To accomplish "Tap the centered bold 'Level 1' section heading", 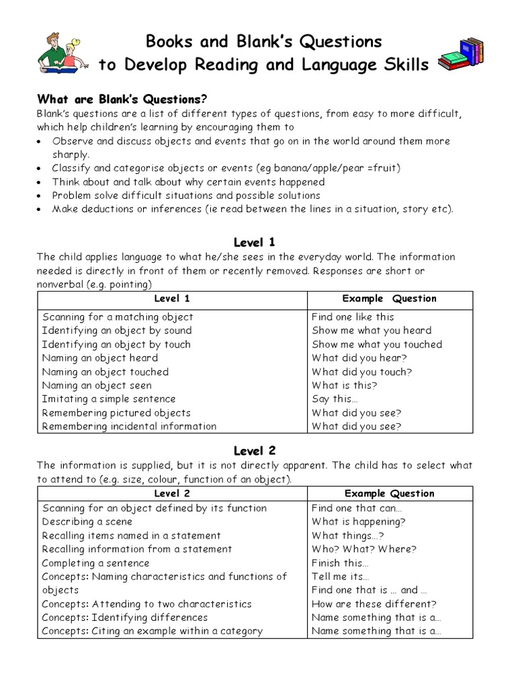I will coord(254,242).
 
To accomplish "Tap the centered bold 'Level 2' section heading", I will coord(254,450).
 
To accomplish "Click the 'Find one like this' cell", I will coord(353,316).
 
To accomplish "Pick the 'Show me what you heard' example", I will coord(372,330).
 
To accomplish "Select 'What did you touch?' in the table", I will coord(361,372).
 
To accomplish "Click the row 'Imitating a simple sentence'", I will coord(108,399).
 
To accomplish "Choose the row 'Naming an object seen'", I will coord(97,385).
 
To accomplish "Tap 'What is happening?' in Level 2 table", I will coord(358,521).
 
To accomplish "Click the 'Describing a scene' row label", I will coord(87,521).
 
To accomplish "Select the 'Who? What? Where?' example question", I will coord(363,549).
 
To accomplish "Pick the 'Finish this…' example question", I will coord(340,563).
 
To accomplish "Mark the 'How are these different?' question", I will coord(374,603).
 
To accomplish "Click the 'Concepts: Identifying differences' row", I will coord(125,617).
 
